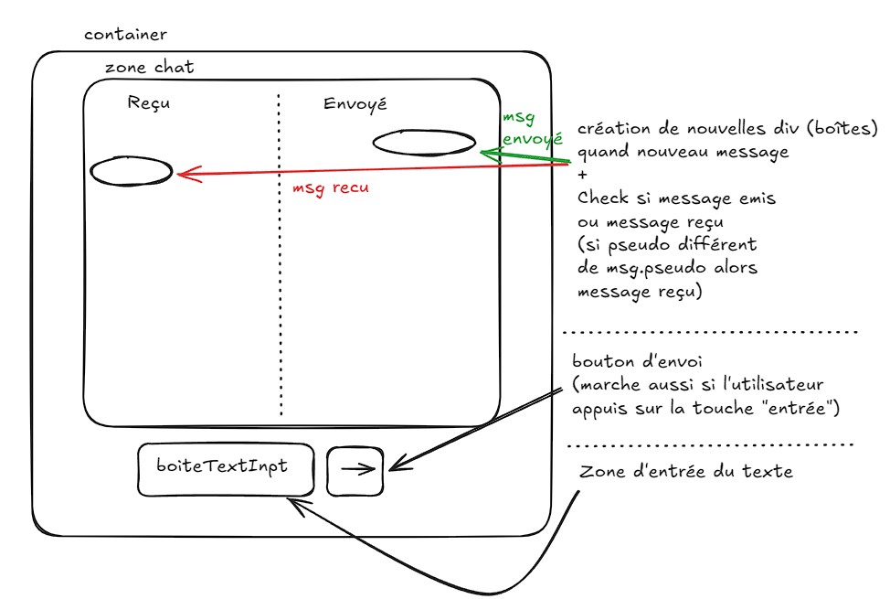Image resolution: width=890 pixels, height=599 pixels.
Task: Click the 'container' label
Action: pos(125,36)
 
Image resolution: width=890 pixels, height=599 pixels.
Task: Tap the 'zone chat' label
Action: pos(149,68)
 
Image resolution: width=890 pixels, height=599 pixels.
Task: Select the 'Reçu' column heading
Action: pos(149,103)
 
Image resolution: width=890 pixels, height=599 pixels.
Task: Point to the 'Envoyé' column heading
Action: pos(355,103)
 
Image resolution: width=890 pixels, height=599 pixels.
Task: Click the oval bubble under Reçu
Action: pos(131,171)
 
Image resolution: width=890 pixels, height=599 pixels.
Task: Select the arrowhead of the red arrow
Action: pos(183,174)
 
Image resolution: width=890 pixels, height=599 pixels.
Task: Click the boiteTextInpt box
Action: pos(225,470)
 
